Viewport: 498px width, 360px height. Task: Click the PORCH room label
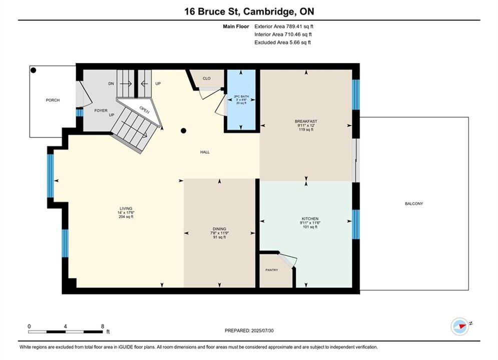pos(53,100)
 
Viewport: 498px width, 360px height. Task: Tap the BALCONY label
pos(414,203)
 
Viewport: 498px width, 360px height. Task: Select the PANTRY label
pos(272,270)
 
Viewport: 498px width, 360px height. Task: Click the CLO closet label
pos(206,78)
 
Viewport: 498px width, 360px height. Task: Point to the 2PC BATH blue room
pos(241,99)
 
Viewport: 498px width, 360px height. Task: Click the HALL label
pos(205,152)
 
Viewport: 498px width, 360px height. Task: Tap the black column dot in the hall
pos(183,130)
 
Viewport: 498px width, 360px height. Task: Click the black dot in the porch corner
pos(34,70)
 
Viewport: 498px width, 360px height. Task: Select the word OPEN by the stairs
pos(144,109)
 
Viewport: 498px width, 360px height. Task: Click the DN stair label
pos(111,83)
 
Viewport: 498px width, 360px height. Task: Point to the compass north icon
pos(459,326)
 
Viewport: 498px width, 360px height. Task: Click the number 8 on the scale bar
pos(102,326)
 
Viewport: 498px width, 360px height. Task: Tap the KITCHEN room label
pos(310,219)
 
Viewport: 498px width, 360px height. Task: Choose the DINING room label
pos(219,229)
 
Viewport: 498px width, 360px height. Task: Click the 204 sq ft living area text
pos(126,217)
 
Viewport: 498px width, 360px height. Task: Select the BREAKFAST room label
pos(306,121)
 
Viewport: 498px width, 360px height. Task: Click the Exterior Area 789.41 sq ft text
pos(284,26)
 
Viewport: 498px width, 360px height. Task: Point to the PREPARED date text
pos(249,330)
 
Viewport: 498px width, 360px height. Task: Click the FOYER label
pos(101,110)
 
